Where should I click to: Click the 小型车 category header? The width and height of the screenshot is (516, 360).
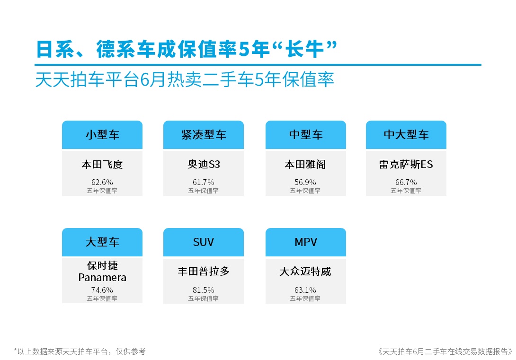(x=102, y=135)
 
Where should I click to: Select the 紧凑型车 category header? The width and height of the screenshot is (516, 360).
(x=204, y=135)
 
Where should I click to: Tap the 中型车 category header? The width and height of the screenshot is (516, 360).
(x=306, y=135)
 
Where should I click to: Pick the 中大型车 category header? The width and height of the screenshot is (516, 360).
(x=406, y=135)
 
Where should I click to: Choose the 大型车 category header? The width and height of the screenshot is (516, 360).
(x=102, y=242)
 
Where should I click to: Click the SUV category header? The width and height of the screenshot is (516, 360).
(x=204, y=242)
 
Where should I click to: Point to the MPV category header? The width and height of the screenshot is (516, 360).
(x=306, y=242)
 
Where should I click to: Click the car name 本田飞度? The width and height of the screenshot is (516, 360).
(x=102, y=164)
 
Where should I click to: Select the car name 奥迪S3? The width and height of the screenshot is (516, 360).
(x=204, y=164)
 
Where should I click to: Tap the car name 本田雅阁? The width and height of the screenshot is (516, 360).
(x=305, y=164)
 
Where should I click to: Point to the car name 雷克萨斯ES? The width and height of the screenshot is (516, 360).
(x=406, y=164)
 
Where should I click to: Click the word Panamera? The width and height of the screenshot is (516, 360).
(x=102, y=278)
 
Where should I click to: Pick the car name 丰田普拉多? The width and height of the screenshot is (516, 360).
(x=204, y=272)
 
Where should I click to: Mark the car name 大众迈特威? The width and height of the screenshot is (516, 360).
(x=305, y=272)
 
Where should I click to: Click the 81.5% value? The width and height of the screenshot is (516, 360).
(x=204, y=290)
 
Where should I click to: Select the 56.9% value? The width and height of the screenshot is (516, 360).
(x=305, y=182)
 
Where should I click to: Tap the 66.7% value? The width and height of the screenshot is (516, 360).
(x=406, y=182)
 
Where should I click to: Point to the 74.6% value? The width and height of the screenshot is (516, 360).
(x=102, y=290)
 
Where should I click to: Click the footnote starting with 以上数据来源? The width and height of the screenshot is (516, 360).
(x=80, y=351)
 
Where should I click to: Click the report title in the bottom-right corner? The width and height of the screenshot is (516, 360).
(x=445, y=351)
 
